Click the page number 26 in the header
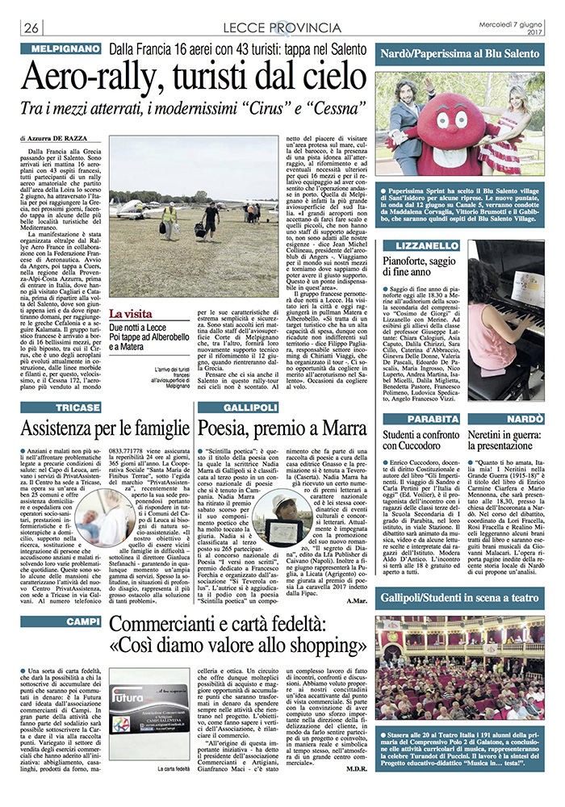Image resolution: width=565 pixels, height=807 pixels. (32, 29)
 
